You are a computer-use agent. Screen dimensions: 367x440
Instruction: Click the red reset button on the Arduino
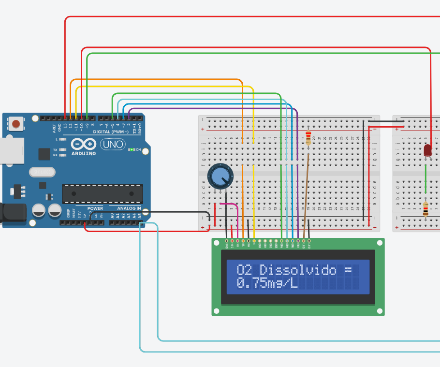pos(16,124)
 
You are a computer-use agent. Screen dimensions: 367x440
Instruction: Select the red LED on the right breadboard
pos(427,150)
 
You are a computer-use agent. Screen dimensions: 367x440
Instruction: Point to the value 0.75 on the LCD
pos(252,283)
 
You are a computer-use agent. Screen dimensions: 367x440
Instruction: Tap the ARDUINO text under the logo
pos(84,153)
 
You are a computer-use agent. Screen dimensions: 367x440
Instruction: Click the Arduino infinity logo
pos(84,144)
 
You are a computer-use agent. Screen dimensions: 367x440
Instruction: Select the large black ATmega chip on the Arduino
pos(103,193)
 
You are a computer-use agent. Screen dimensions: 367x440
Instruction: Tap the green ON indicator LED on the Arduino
pos(131,150)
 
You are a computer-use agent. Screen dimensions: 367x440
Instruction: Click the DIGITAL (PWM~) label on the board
pos(111,132)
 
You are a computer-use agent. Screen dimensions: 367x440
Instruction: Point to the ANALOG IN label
pos(129,208)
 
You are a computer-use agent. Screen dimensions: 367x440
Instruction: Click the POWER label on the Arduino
pos(95,208)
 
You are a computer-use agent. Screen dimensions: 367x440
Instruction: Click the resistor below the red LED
pos(425,209)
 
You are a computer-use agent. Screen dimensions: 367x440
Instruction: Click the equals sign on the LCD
pos(348,270)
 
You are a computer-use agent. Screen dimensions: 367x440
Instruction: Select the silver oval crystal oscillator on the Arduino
pos(43,172)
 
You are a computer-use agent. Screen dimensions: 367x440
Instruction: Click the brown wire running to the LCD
pos(306,193)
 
